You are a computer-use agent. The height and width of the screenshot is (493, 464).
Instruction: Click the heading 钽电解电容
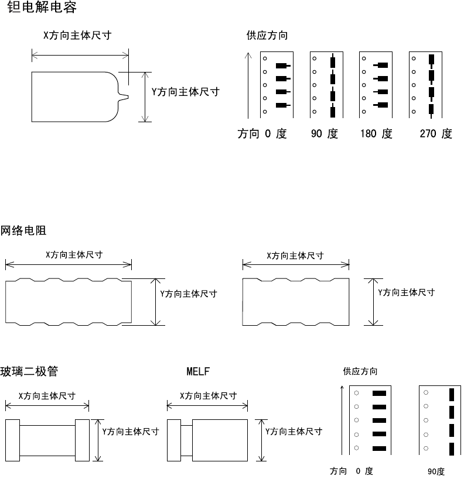(x=42, y=8)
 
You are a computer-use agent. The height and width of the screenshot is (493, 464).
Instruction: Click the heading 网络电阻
(x=23, y=231)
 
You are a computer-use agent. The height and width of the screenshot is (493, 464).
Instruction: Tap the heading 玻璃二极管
(x=29, y=371)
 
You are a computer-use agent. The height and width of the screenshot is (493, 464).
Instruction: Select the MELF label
(x=198, y=371)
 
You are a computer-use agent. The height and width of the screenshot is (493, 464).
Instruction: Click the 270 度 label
(x=436, y=134)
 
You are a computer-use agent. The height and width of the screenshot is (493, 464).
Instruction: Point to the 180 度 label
(x=376, y=134)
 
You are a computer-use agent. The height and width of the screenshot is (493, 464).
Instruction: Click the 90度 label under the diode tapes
(x=436, y=471)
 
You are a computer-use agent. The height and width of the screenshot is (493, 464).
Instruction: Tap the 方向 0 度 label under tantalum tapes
(x=262, y=134)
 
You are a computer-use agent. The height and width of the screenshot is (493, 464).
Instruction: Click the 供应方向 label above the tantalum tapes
(x=267, y=36)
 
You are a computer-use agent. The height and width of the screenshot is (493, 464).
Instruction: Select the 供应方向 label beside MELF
(x=360, y=371)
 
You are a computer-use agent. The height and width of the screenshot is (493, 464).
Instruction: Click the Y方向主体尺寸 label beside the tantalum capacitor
(x=185, y=92)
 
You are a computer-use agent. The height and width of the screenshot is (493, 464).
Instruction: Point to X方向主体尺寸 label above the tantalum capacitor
(x=78, y=36)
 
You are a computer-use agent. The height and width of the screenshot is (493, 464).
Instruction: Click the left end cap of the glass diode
(x=12, y=440)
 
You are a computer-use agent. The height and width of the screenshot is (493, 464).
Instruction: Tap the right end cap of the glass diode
(x=82, y=440)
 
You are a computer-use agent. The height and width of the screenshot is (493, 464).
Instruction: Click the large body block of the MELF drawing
(x=220, y=440)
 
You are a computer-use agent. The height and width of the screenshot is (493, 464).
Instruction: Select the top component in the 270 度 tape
(x=431, y=59)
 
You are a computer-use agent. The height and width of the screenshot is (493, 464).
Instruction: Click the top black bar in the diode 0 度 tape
(x=380, y=394)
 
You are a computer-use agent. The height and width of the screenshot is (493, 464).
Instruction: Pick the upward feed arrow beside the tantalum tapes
(x=248, y=85)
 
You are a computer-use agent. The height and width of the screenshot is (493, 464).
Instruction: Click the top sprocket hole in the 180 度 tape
(x=364, y=59)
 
